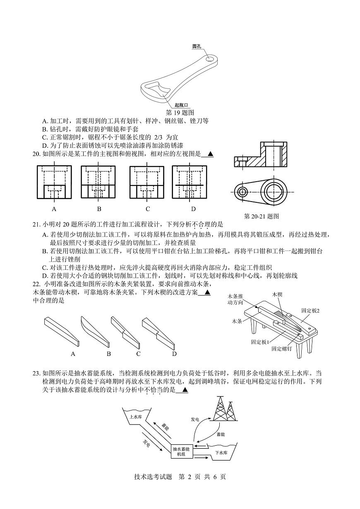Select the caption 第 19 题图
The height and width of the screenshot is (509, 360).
(x=180, y=112)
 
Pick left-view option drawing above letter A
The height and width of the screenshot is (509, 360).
(x=54, y=182)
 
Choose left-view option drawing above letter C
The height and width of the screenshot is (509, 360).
(x=147, y=182)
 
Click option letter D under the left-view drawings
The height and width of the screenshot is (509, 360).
(x=193, y=209)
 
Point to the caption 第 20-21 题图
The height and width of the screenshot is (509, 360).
(x=262, y=216)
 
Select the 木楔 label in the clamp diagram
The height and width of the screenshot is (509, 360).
(x=277, y=294)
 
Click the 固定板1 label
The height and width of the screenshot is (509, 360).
(x=260, y=342)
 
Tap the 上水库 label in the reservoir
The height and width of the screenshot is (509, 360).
(x=136, y=417)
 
